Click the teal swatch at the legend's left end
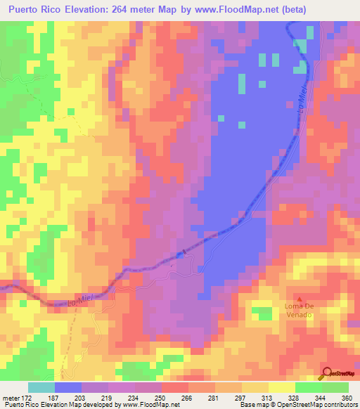pyautogui.click(x=41, y=387)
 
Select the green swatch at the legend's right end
pyautogui.click(x=335, y=387)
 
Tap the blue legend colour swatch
pyautogui.click(x=68, y=387)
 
